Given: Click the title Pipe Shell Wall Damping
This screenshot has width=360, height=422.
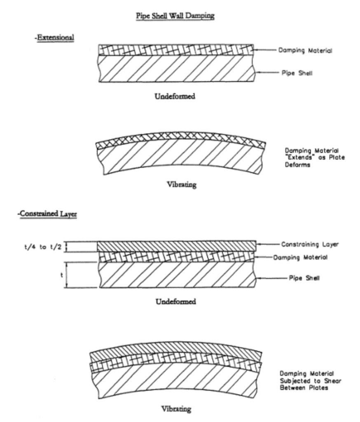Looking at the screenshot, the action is coord(175,16).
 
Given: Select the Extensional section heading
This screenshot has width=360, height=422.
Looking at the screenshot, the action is coord(54,38).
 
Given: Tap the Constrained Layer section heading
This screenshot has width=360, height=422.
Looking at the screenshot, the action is coord(47,214).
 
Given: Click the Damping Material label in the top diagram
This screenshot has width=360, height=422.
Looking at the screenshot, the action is coord(305,50).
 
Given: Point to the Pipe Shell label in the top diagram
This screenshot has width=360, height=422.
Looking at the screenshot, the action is coord(297,73).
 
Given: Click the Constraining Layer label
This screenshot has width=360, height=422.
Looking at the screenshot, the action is coord(310,244).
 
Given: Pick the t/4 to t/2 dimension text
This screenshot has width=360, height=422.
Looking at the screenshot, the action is coord(43,247).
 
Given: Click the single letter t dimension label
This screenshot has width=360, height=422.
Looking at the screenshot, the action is coord(62,275).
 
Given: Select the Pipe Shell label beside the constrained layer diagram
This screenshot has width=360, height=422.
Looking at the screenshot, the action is coord(304,278).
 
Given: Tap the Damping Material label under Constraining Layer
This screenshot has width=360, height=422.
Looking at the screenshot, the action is coord(301,258).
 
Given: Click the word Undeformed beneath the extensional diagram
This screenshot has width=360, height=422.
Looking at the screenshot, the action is coord(175,96).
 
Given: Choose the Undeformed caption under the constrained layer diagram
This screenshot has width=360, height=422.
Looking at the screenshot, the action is coord(176,301).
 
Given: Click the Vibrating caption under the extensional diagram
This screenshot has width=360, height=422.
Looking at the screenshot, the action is coord(182,185).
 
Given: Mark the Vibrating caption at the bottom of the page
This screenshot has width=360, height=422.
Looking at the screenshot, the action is coord(176,409).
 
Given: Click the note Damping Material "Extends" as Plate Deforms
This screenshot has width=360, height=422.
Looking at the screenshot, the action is coord(315,157).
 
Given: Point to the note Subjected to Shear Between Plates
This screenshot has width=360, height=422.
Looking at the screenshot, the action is coord(311,384).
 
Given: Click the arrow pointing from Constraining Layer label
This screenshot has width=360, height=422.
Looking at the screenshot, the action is coord(268,244).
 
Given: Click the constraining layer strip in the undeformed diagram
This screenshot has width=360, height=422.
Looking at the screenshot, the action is coord(177,246).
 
